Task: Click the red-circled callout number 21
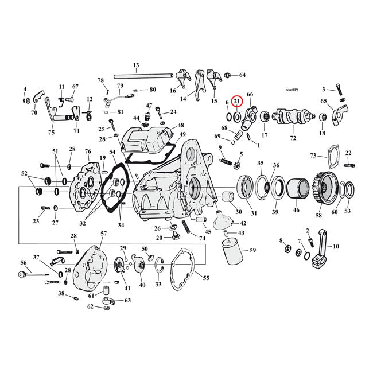click(x=237, y=102)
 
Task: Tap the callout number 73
click(x=313, y=156)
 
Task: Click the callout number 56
click(x=24, y=262)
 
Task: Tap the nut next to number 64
click(x=228, y=75)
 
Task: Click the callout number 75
click(x=51, y=133)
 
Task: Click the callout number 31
click(x=254, y=214)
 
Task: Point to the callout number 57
click(x=104, y=234)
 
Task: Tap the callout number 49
click(x=182, y=135)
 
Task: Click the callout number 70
click(x=34, y=112)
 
